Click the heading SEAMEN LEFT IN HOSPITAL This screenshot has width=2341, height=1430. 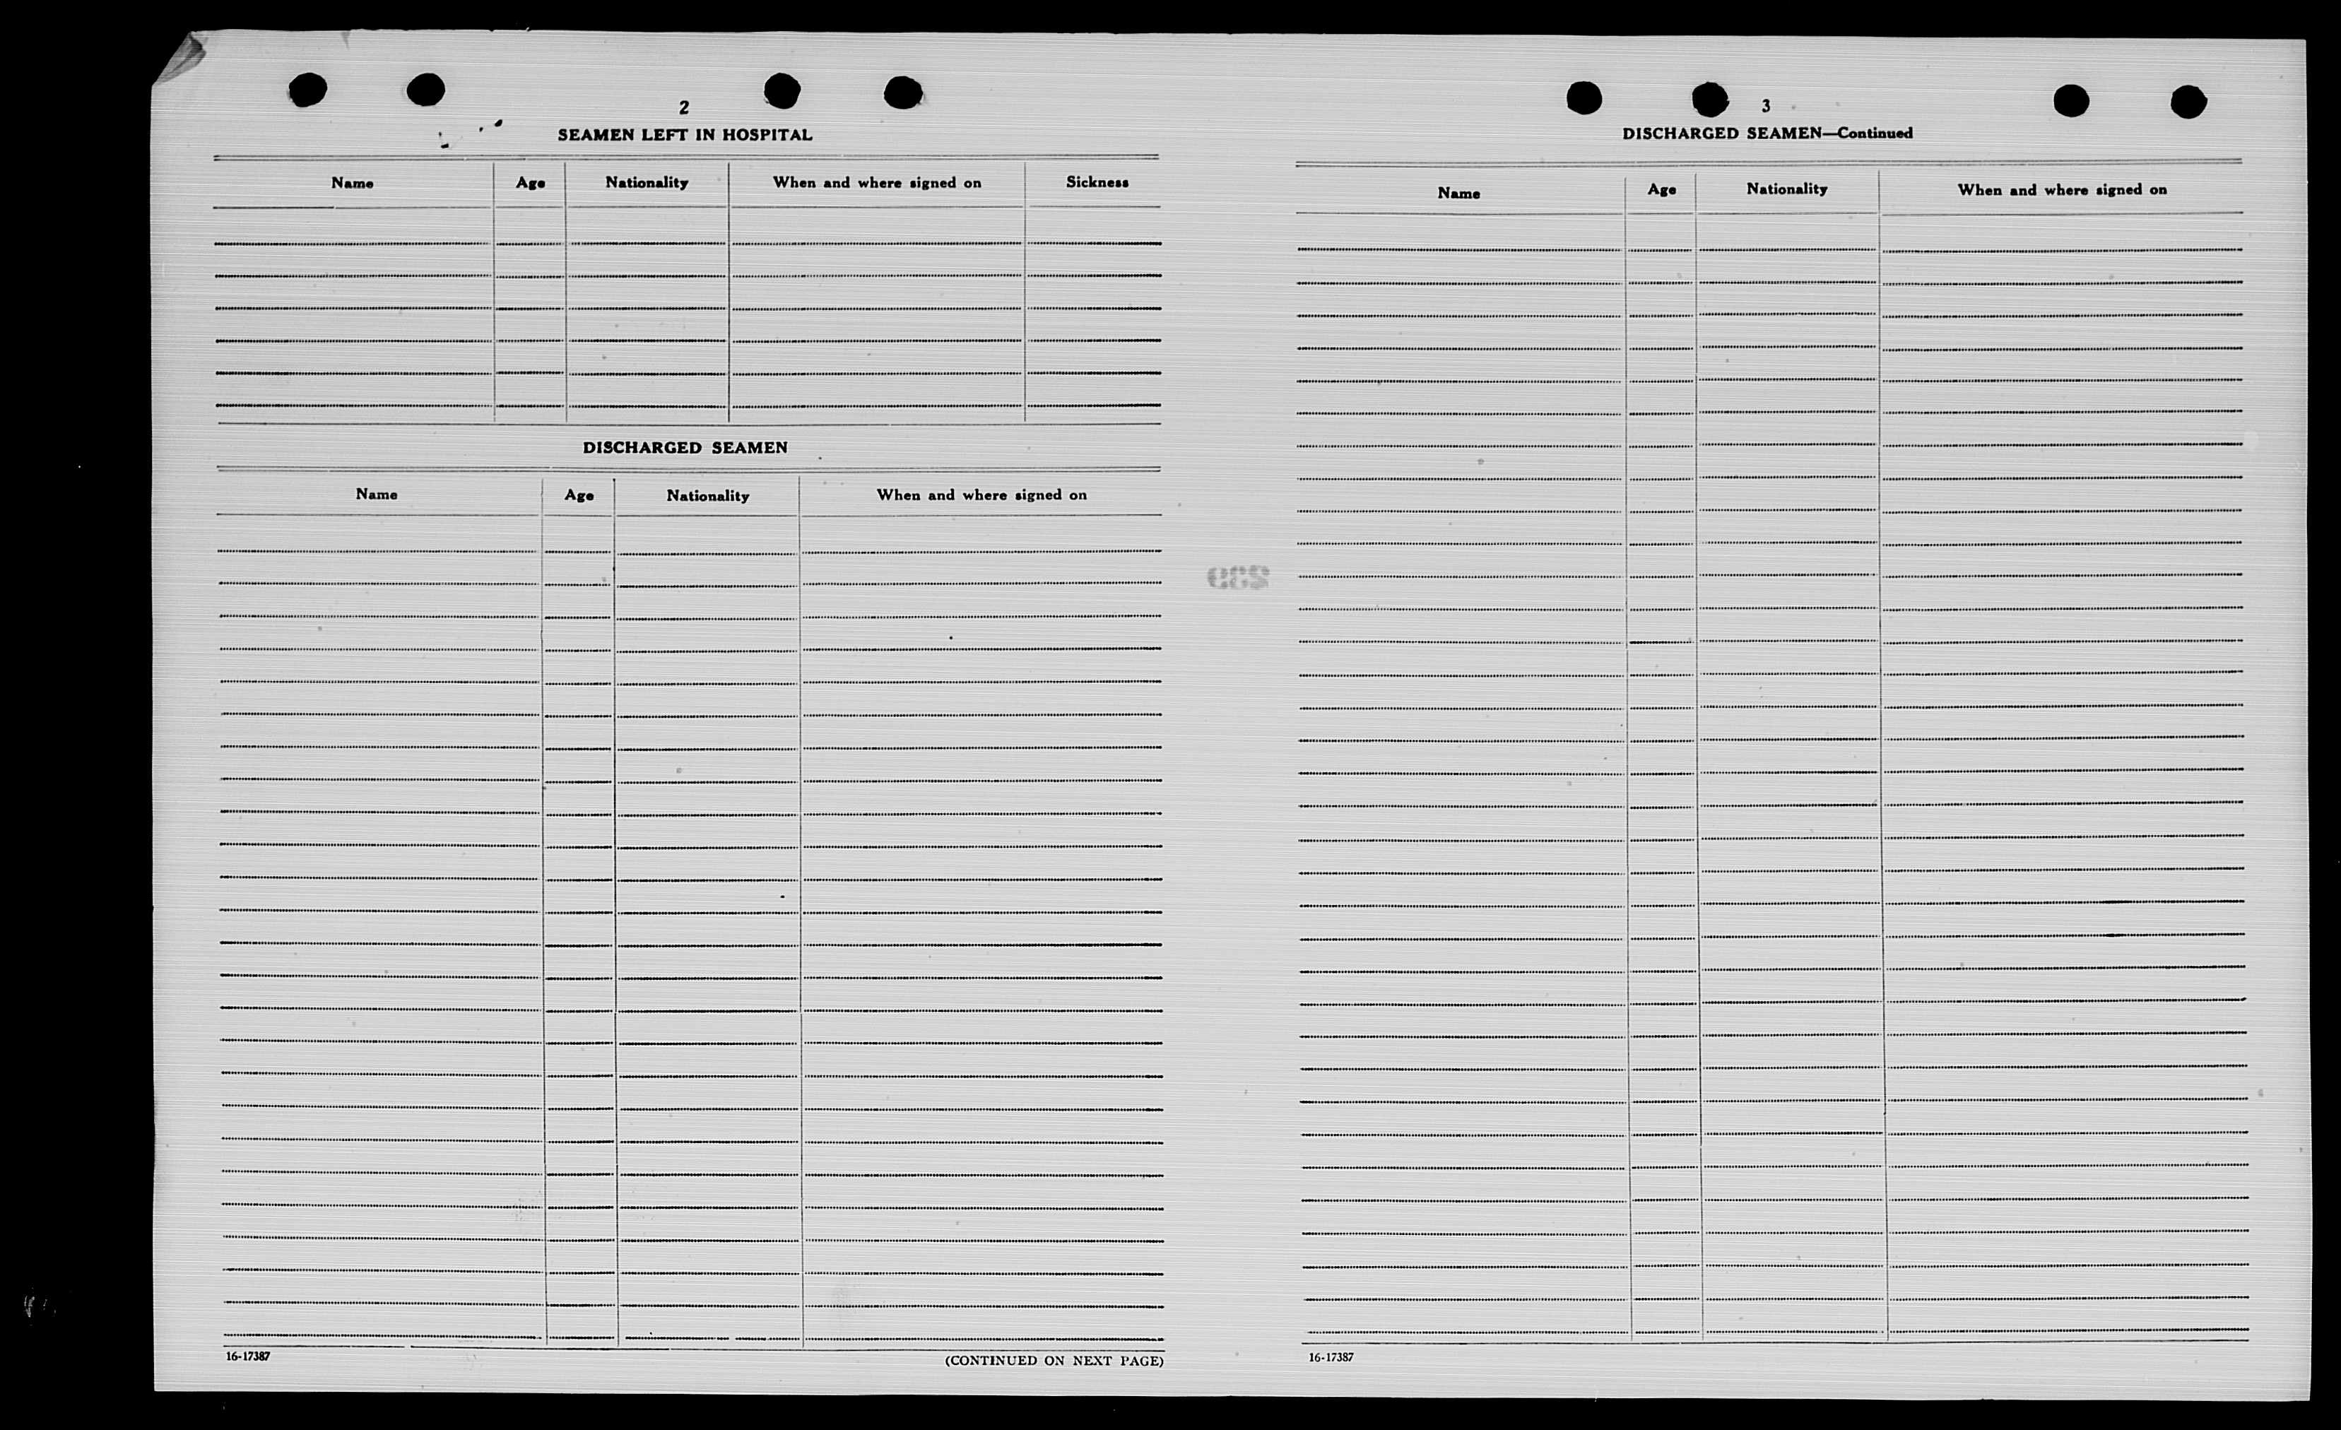684,135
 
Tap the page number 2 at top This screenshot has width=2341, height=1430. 683,108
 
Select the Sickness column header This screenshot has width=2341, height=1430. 1097,182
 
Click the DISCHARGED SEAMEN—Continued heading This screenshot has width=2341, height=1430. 1767,133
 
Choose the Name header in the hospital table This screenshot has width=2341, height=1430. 351,182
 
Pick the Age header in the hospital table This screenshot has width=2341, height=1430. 530,182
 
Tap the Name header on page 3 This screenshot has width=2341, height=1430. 1458,193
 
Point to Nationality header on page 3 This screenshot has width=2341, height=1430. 1786,188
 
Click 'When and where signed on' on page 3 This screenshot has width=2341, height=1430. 2062,189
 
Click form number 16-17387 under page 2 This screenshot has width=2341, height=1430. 248,1356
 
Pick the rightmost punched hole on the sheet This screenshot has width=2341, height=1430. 2188,102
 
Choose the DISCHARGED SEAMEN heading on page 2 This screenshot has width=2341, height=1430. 684,447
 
